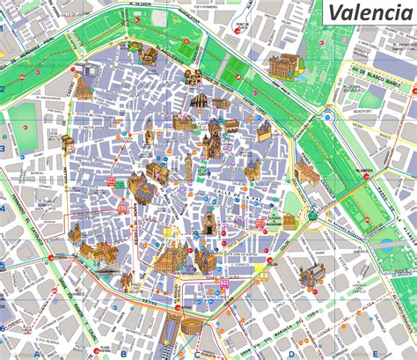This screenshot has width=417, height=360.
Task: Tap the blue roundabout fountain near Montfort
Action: point(327,115)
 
